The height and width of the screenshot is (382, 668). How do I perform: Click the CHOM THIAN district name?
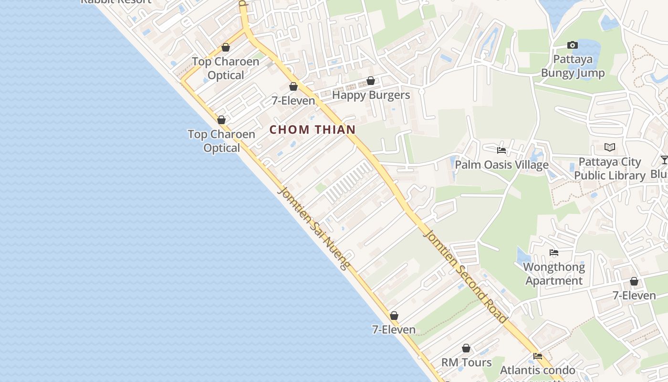pyautogui.click(x=313, y=129)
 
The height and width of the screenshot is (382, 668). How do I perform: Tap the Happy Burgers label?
pyautogui.click(x=371, y=95)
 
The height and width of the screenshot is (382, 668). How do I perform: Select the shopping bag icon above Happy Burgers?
pyautogui.click(x=370, y=81)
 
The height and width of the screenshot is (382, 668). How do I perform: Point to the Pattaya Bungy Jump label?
pyautogui.click(x=573, y=66)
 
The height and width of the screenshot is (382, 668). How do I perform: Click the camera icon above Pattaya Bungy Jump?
pyautogui.click(x=572, y=45)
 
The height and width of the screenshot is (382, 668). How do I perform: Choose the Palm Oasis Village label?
pyautogui.click(x=501, y=165)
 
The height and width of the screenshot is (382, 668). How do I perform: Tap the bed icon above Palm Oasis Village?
pyautogui.click(x=501, y=150)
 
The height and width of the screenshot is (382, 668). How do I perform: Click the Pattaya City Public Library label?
pyautogui.click(x=609, y=169)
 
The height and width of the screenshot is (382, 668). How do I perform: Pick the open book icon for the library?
pyautogui.click(x=609, y=147)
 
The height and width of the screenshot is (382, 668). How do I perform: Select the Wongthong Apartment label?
pyautogui.click(x=554, y=274)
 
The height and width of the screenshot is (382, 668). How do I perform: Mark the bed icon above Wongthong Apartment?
pyautogui.click(x=554, y=253)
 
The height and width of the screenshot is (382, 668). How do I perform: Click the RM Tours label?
pyautogui.click(x=466, y=362)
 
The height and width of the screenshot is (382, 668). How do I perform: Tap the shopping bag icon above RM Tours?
pyautogui.click(x=466, y=349)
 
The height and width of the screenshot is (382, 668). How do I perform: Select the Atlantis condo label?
pyautogui.click(x=537, y=370)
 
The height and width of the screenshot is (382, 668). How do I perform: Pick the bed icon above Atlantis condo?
pyautogui.click(x=538, y=356)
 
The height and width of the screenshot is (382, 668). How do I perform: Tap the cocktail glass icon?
pyautogui.click(x=664, y=159)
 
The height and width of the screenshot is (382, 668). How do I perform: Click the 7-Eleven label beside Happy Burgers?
pyautogui.click(x=293, y=101)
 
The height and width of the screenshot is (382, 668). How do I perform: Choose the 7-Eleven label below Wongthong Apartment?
pyautogui.click(x=634, y=296)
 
